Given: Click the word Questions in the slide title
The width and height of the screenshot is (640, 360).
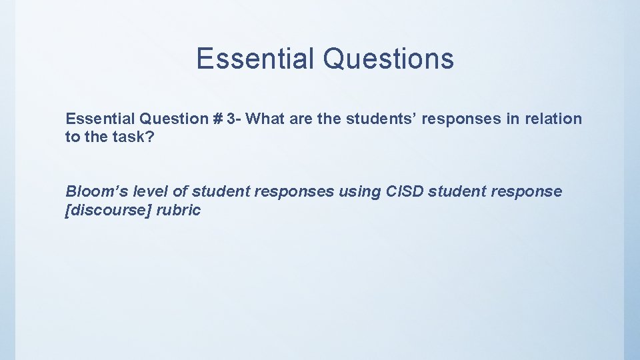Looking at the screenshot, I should pyautogui.click(x=388, y=59).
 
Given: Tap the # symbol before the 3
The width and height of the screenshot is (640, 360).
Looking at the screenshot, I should pyautogui.click(x=217, y=119).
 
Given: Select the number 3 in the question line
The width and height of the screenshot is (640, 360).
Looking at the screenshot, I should pyautogui.click(x=231, y=119).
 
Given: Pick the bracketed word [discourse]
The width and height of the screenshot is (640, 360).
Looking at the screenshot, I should pyautogui.click(x=108, y=211).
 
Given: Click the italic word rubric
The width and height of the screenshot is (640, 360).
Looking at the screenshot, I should pyautogui.click(x=178, y=211).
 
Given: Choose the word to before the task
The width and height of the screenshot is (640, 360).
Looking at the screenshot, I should pyautogui.click(x=72, y=137).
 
